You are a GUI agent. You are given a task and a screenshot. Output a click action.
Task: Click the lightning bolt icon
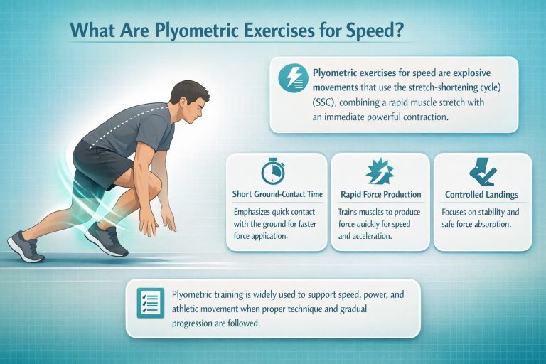coord(293,78)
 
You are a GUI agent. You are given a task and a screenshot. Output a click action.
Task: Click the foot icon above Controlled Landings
coord(481,171)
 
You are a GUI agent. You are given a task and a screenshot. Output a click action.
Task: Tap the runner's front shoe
coord(107,241)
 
